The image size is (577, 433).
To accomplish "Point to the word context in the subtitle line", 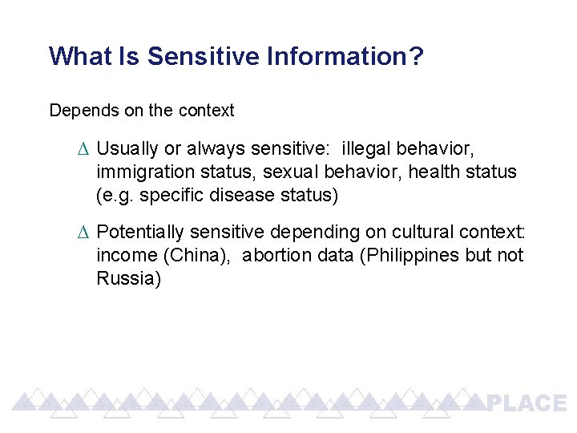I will point(207,111).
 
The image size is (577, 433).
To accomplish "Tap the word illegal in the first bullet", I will point(365,149).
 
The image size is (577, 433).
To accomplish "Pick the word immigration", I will point(139,172).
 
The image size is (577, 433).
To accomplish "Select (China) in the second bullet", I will point(199,255).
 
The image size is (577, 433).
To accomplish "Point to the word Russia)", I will point(128,278).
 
